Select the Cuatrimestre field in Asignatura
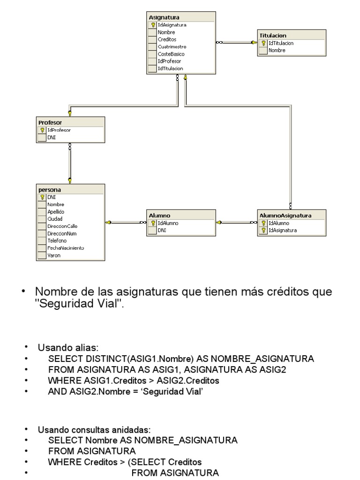point(172,47)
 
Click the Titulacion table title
point(273,35)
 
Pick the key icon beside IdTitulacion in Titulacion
point(264,43)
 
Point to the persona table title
point(49,190)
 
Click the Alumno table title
point(157,216)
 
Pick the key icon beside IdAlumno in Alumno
point(153,223)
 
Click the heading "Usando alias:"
point(68,348)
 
